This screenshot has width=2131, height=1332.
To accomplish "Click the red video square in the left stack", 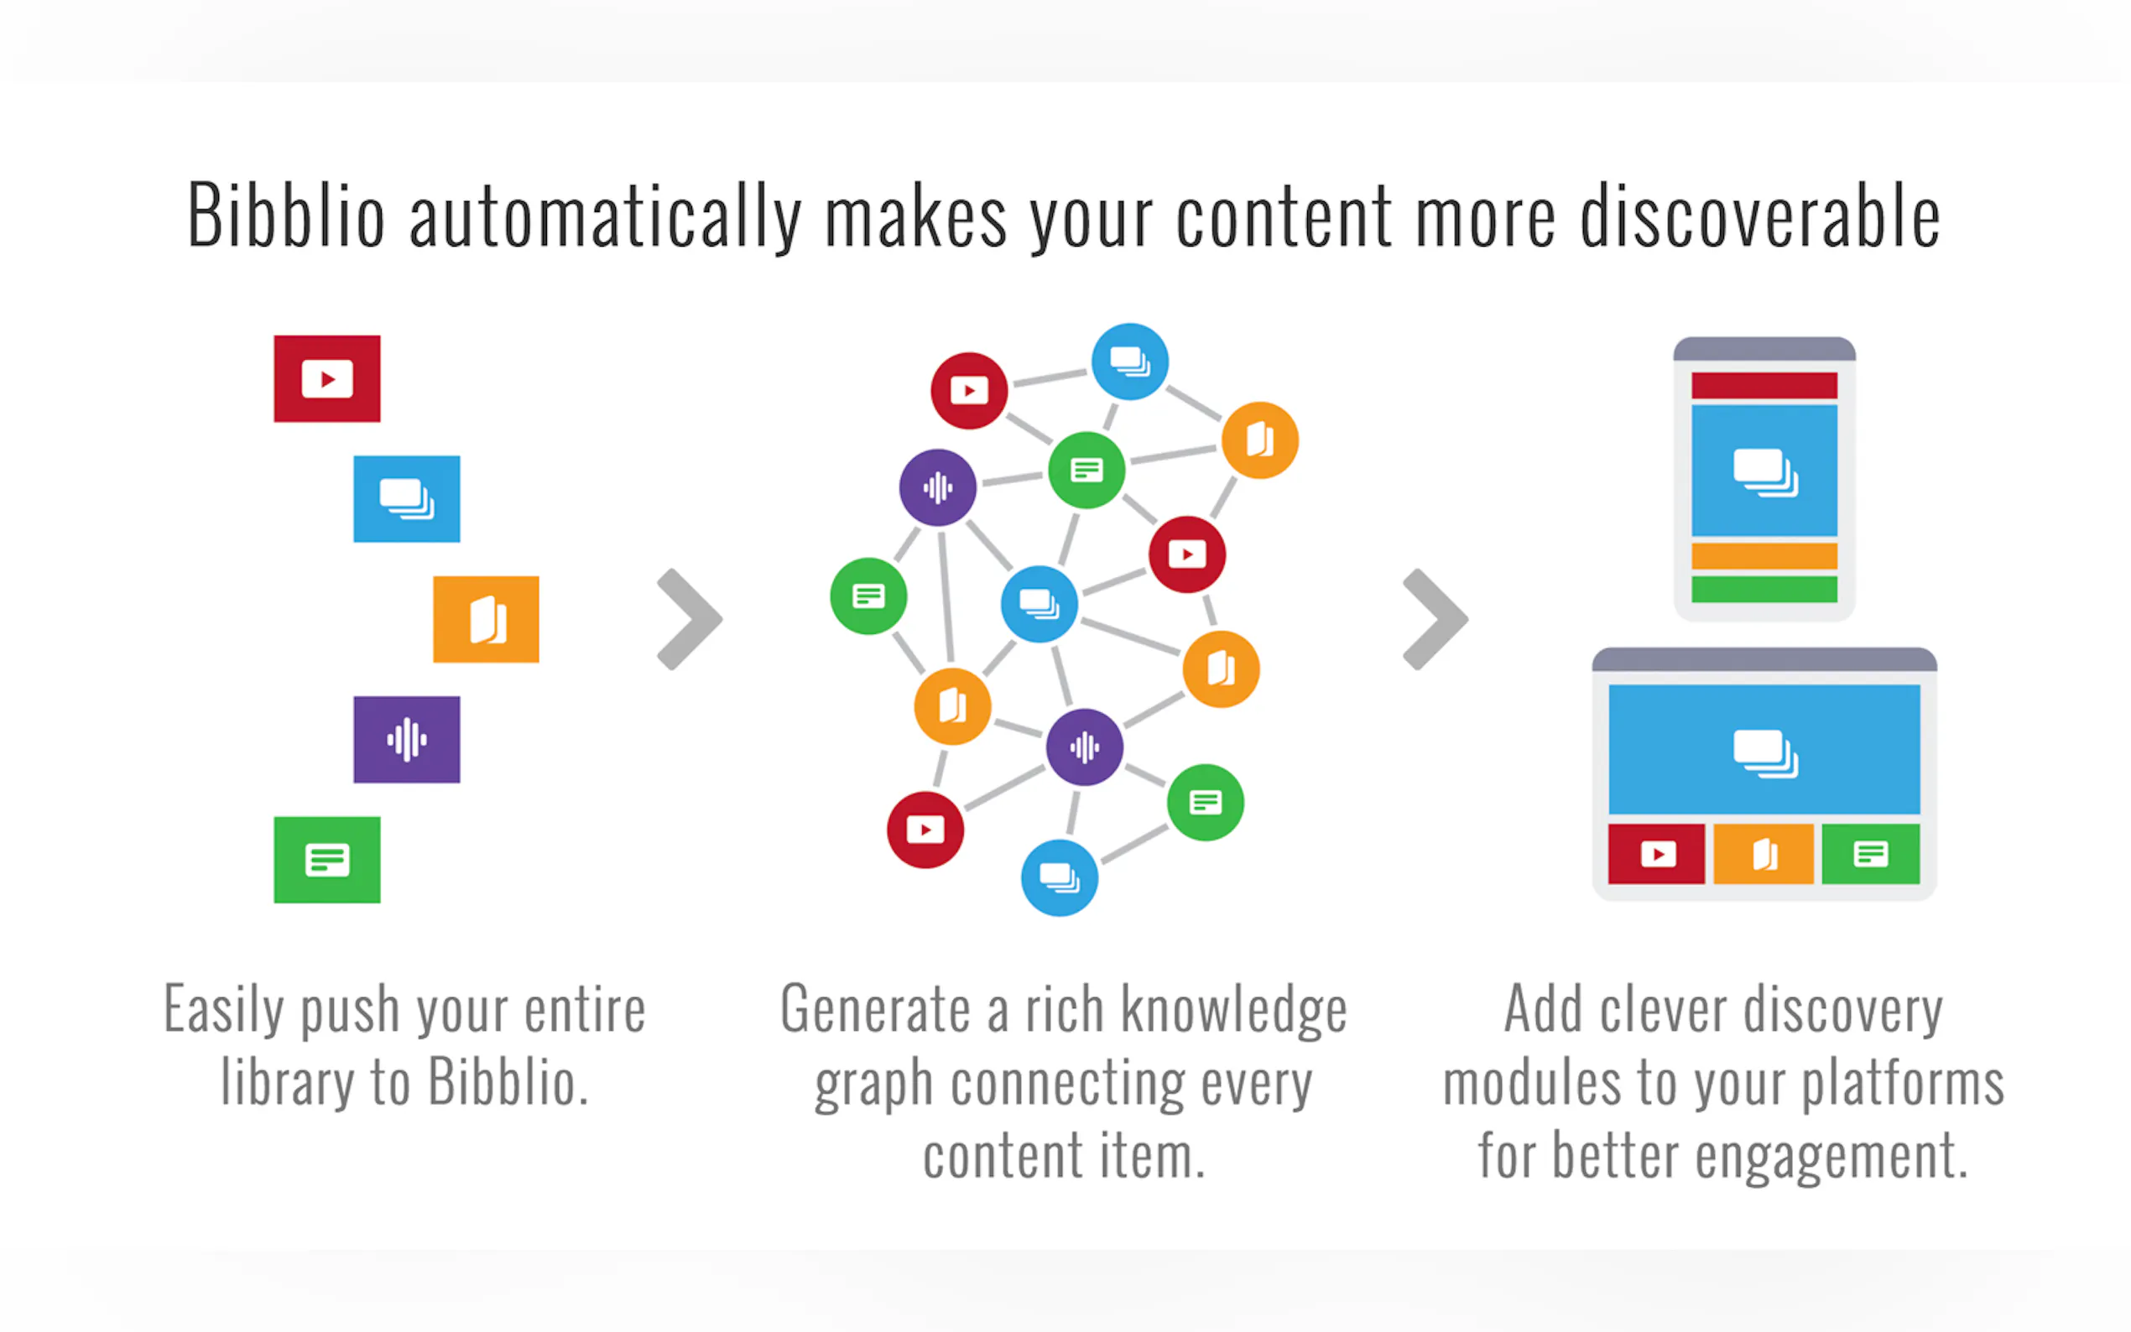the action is (327, 379).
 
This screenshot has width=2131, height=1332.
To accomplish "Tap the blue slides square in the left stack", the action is (406, 498).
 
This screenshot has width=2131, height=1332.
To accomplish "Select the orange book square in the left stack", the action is (486, 619).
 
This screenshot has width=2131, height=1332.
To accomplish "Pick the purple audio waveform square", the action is (406, 740).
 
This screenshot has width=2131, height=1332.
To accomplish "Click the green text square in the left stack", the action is (327, 860).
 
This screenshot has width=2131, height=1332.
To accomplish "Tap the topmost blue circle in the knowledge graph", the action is (1130, 362).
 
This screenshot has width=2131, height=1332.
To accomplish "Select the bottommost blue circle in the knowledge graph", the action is (1060, 877).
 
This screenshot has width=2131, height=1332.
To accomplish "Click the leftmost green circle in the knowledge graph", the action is (868, 596).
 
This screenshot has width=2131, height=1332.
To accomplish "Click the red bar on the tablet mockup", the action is (1764, 386).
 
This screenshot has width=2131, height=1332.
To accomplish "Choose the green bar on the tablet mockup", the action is (1764, 590).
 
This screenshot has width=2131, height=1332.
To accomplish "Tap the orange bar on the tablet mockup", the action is (1764, 557).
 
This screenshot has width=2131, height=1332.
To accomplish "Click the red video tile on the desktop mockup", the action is (1656, 854).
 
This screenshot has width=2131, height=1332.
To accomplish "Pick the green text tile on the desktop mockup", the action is (1871, 854).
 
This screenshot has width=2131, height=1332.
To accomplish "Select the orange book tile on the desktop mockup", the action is (1764, 854).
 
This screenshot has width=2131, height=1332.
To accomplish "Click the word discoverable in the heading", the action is (1760, 215).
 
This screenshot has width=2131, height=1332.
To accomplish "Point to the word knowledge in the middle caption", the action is (1234, 1012).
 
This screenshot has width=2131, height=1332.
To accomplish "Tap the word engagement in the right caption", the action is (1831, 1157).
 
